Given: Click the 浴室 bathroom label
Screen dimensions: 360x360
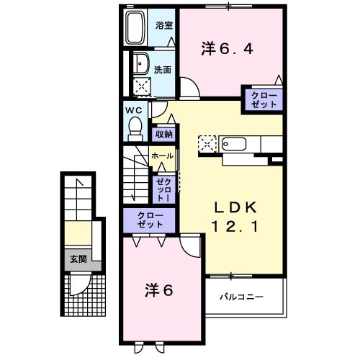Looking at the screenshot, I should (x=164, y=25).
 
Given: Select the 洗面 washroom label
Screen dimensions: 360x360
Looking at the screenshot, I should (x=163, y=70).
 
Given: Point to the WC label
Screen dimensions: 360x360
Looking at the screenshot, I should (x=133, y=110).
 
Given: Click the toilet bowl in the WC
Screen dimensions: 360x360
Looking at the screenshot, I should (x=134, y=128).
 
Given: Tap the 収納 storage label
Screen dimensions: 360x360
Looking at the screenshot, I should (x=165, y=134).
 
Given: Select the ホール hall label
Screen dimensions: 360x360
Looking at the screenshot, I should (x=162, y=156).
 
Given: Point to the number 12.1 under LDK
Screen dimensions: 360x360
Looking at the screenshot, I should (x=233, y=226).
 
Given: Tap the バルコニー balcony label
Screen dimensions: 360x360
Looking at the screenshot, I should (x=241, y=297).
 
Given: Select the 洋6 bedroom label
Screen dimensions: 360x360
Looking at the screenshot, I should (x=159, y=291).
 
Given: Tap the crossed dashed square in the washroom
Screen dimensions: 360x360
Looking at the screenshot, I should (x=141, y=88).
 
